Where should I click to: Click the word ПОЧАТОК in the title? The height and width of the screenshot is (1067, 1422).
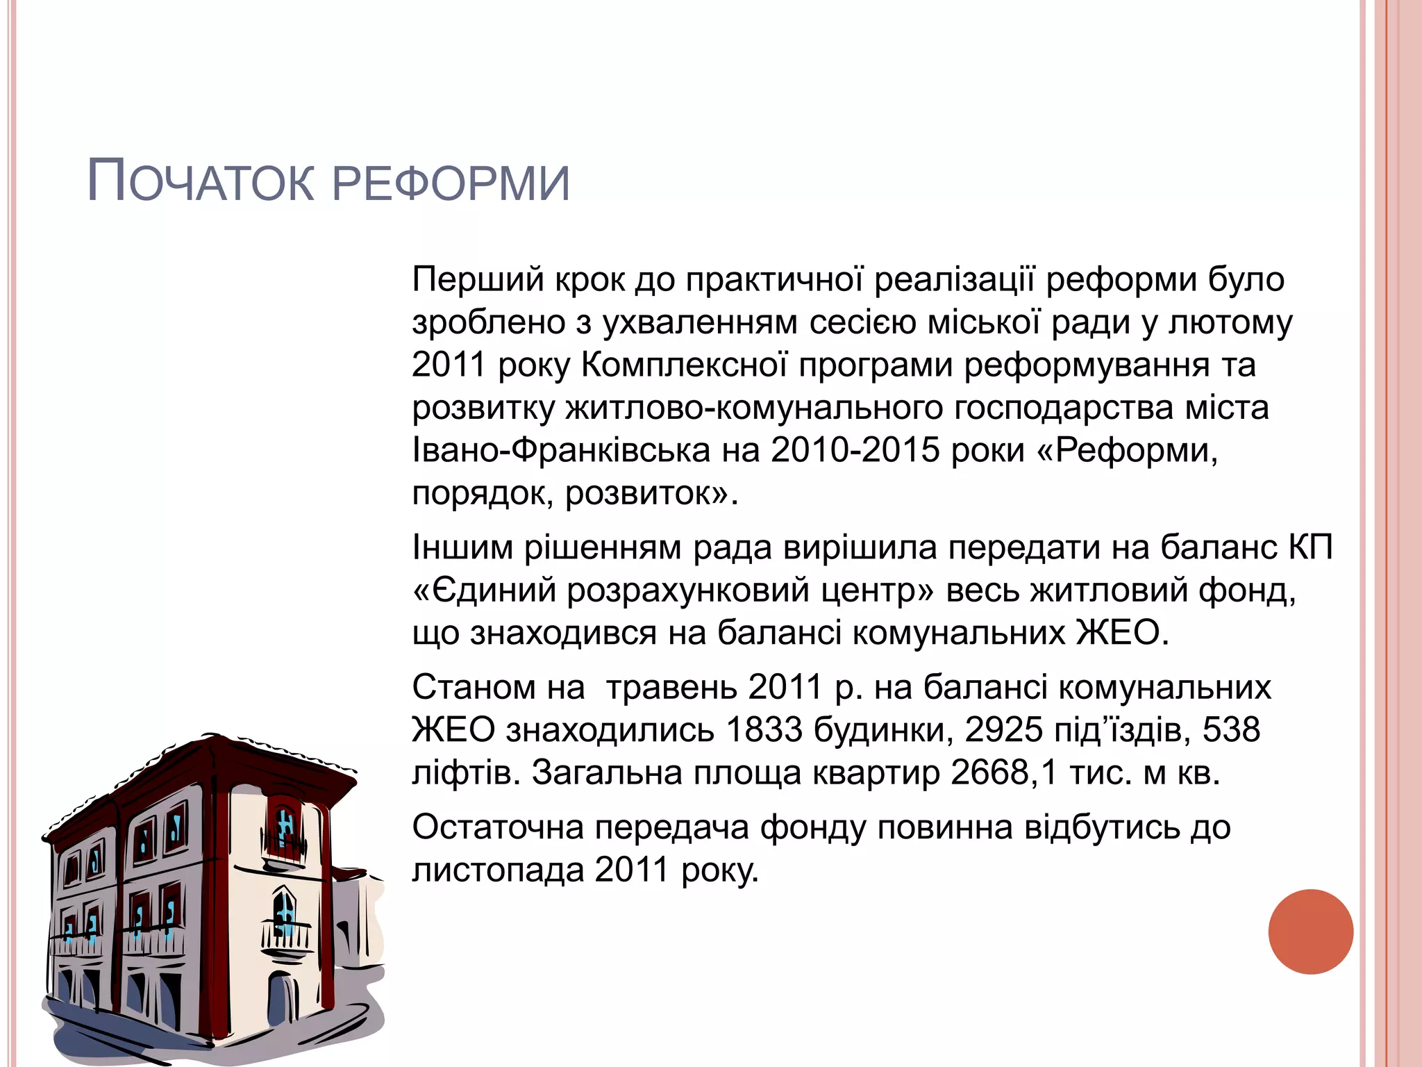tap(201, 182)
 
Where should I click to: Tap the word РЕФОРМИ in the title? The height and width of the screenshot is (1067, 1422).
tap(451, 183)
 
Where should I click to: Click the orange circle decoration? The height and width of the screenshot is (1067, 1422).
tap(1310, 932)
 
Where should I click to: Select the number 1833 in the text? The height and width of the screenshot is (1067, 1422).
tap(764, 730)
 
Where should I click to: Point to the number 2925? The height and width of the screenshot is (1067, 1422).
tap(1003, 730)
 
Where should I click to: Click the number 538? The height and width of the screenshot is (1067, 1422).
tap(1231, 730)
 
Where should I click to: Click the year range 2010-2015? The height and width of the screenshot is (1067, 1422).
tap(855, 450)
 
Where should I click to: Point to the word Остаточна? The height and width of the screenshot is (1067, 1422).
tap(497, 827)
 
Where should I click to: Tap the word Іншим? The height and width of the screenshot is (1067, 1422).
tap(462, 547)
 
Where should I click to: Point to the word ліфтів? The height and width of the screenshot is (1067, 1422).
tap(466, 772)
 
